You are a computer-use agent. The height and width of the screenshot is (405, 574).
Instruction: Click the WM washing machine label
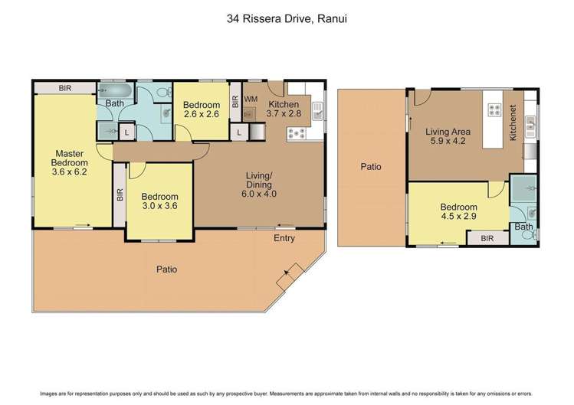[251, 99]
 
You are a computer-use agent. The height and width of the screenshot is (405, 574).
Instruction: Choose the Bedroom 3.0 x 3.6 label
[159, 201]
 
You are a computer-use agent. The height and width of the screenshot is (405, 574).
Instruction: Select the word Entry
[285, 239]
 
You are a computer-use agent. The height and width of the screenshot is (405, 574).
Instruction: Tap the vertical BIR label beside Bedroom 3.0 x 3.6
[120, 195]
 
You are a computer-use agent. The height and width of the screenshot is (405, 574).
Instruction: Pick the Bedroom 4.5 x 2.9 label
[459, 211]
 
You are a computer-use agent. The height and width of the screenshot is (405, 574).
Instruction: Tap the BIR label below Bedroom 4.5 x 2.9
[487, 239]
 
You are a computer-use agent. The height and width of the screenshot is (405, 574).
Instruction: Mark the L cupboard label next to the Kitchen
[240, 132]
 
